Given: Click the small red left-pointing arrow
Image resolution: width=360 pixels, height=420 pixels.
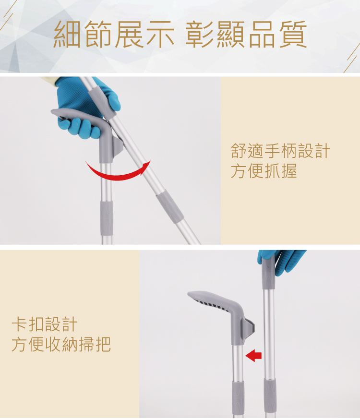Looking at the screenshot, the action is click(x=253, y=356).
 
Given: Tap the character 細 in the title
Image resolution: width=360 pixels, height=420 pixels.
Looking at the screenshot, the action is click(x=67, y=34).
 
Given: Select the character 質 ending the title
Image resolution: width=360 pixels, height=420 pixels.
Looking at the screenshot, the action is click(x=293, y=34).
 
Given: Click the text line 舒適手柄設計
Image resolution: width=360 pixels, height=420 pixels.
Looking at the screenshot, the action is click(x=280, y=151).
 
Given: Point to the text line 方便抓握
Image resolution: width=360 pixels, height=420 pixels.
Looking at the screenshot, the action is click(x=264, y=171).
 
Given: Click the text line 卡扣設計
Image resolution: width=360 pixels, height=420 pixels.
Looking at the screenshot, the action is click(x=45, y=324).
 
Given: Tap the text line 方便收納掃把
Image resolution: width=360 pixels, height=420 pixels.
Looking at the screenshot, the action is click(x=61, y=344).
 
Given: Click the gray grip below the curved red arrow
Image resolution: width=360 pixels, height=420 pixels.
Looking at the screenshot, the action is click(x=107, y=218).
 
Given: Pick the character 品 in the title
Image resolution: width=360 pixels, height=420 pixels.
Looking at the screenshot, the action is click(x=262, y=34).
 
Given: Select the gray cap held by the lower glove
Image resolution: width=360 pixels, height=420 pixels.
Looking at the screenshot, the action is click(x=268, y=272).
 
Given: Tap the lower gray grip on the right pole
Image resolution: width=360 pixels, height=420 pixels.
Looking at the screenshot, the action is click(x=270, y=396).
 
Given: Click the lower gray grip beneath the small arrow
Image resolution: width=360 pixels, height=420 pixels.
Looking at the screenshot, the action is click(x=238, y=398).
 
